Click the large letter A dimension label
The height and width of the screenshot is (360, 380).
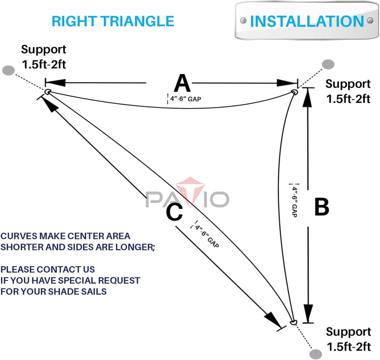pyautogui.click(x=181, y=83)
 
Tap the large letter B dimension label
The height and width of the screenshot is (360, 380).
pyautogui.click(x=322, y=206)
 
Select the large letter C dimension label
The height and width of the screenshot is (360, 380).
pyautogui.click(x=174, y=211)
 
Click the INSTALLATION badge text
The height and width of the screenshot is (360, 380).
pyautogui.click(x=307, y=21)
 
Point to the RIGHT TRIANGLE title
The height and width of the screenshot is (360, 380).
pyautogui.click(x=113, y=21)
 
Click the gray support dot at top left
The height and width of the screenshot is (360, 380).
pyautogui.click(x=8, y=70)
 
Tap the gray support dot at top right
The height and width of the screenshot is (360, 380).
pyautogui.click(x=328, y=64)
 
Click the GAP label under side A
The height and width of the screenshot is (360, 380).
pyautogui.click(x=186, y=99)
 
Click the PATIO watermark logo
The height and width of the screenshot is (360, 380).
pyautogui.click(x=187, y=196)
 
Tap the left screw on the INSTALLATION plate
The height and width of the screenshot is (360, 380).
pyautogui.click(x=243, y=21)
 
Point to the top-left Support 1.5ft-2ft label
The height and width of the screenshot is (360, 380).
pyautogui.click(x=44, y=57)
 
